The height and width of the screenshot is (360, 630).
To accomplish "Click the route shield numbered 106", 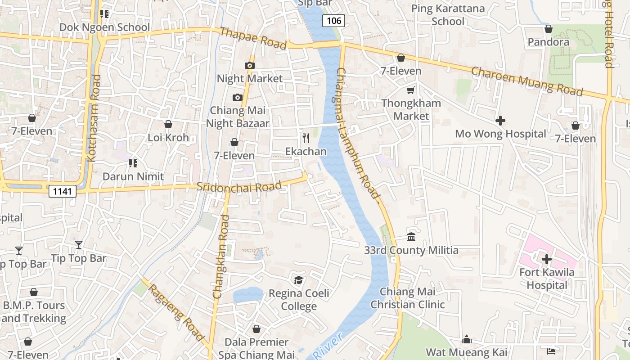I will [333, 20].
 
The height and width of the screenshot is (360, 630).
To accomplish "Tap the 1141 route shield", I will [62, 191].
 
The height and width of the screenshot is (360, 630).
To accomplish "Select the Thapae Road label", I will [253, 38].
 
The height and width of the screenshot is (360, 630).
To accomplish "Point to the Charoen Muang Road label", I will [526, 81].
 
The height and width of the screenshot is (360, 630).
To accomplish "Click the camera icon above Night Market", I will [249, 65].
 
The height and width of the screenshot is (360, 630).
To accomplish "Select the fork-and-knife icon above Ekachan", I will [306, 138].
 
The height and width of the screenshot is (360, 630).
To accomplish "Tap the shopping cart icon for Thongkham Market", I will [410, 90].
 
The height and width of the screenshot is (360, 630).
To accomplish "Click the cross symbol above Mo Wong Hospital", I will [500, 121].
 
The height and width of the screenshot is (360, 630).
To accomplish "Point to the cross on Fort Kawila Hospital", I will [547, 259].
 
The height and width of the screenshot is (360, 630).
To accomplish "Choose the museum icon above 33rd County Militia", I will [411, 237].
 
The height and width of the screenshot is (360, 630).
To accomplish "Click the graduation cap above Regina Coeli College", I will [298, 280].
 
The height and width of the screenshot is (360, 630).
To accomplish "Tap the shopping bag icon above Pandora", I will [548, 29].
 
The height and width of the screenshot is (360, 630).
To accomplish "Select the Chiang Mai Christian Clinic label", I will [407, 298].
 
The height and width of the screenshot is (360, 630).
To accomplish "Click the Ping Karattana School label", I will [448, 15].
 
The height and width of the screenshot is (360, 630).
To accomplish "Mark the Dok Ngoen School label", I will [104, 27].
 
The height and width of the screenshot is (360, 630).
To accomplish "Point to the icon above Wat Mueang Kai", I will [467, 339].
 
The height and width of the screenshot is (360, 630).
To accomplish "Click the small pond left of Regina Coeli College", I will [248, 295].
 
